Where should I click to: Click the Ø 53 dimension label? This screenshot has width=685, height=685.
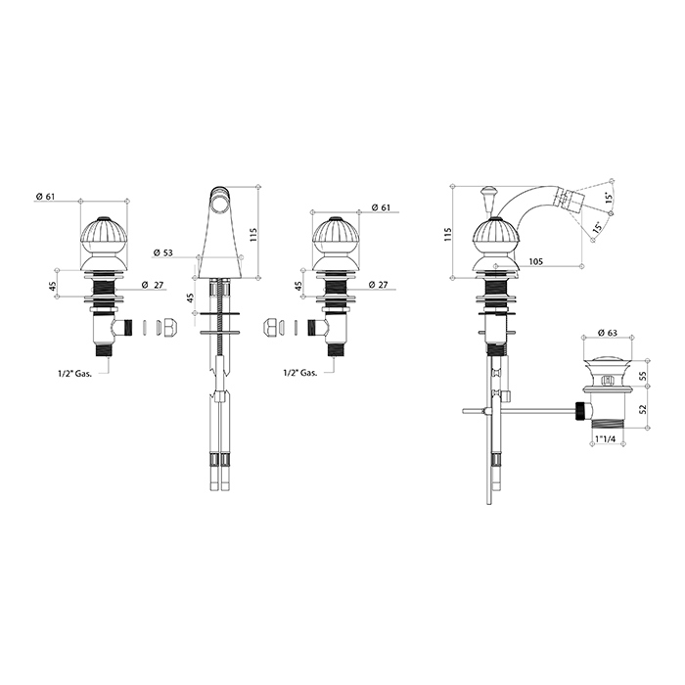coord(163,252)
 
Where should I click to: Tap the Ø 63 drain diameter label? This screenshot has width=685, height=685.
coord(608,333)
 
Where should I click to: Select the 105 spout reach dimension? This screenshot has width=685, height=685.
coord(535,261)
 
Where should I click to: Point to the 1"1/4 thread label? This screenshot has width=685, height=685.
coord(606,439)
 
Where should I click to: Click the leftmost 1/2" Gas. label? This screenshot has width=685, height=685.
coord(74,374)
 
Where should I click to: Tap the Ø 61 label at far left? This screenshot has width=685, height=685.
coord(45,197)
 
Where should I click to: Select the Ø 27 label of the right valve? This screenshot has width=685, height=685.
coord(378,285)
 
